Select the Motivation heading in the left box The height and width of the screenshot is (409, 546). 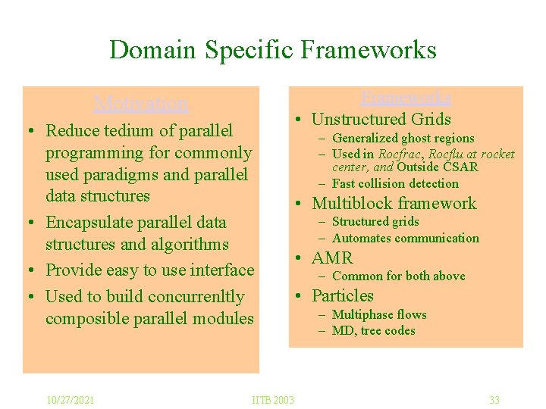click(x=141, y=103)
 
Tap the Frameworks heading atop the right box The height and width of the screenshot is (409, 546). click(x=406, y=97)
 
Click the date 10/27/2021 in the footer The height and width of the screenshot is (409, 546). click(x=70, y=400)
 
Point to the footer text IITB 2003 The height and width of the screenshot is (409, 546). click(x=273, y=400)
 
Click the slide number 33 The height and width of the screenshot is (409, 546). click(x=494, y=400)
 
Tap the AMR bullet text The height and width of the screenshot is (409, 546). click(x=332, y=258)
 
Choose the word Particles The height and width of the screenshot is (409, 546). click(x=343, y=296)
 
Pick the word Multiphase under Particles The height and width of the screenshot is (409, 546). click(x=360, y=315)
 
